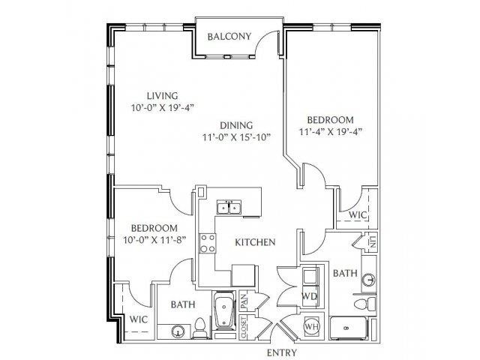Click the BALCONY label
(x=229, y=37)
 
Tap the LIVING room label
(x=162, y=96)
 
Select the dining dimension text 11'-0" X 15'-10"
(x=237, y=136)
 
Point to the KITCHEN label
(x=255, y=242)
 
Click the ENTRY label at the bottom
(x=282, y=352)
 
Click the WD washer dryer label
(x=309, y=296)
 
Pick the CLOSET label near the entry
(x=244, y=328)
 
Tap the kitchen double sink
(x=229, y=207)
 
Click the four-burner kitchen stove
(x=207, y=243)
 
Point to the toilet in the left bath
(x=199, y=328)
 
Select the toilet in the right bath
(x=365, y=304)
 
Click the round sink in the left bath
(x=178, y=331)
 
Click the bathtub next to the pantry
(x=224, y=310)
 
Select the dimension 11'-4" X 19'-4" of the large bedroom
(x=330, y=132)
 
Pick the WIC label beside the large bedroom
(x=358, y=215)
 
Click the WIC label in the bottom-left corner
(x=139, y=319)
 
